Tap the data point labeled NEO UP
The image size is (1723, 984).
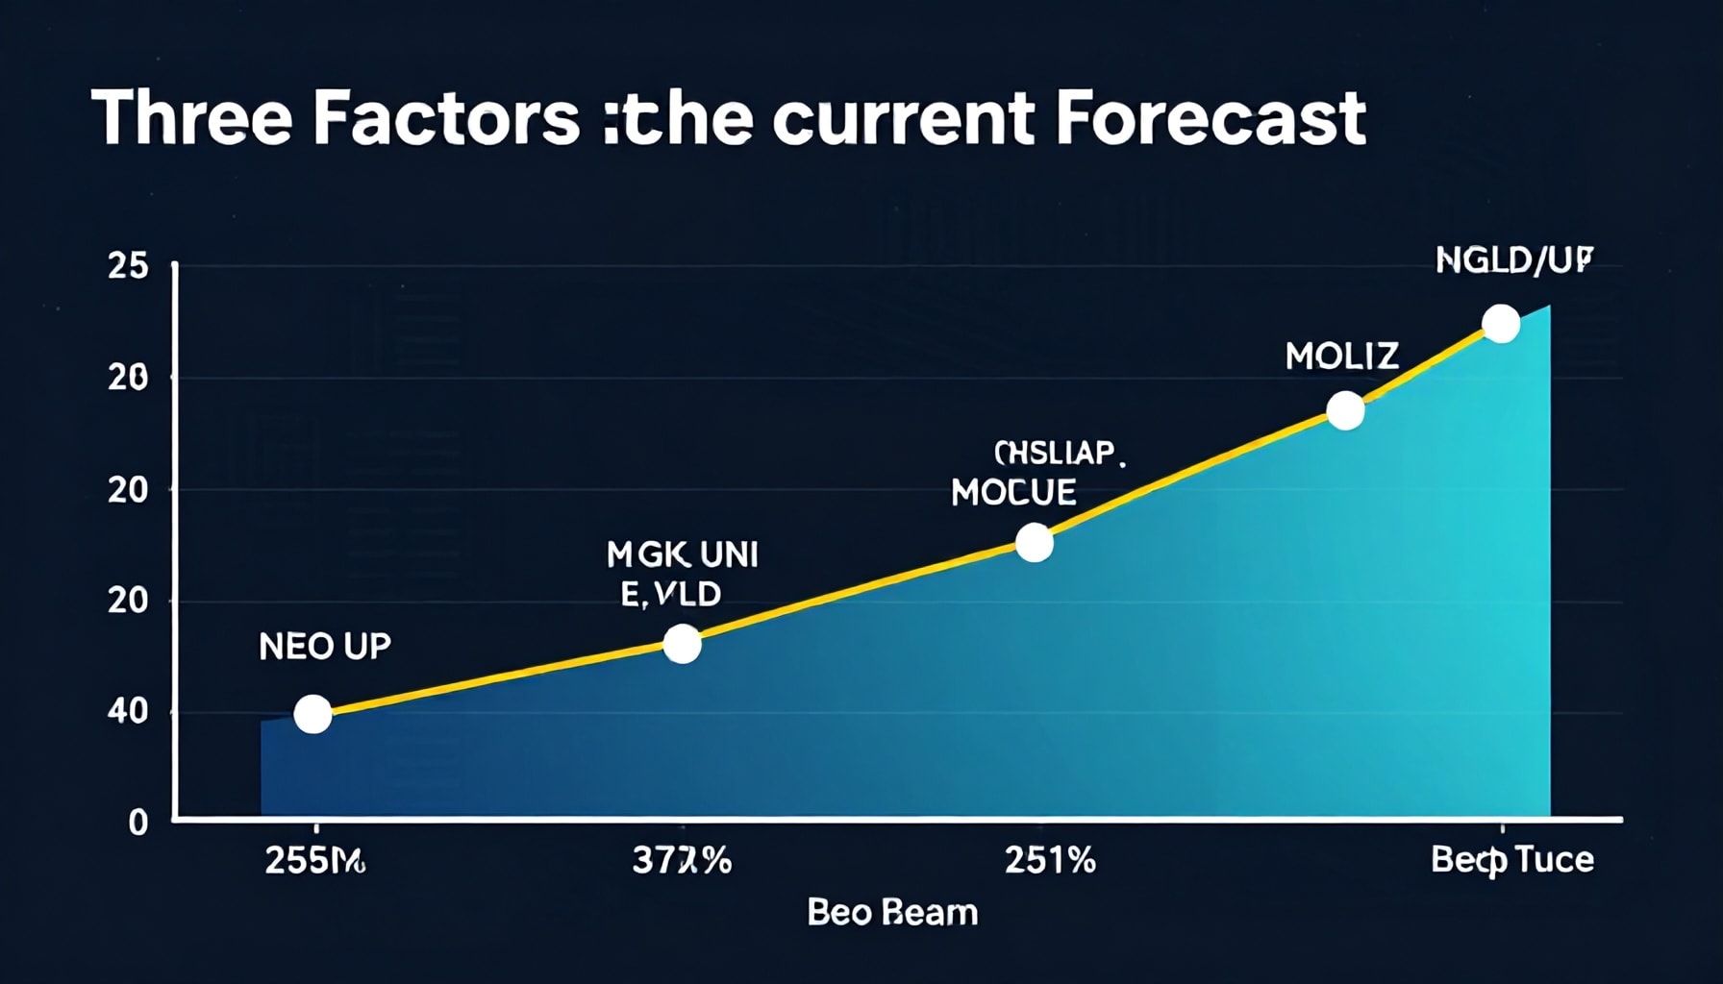pos(312,714)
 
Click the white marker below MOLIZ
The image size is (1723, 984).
pos(1345,410)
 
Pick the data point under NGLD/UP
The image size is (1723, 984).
pos(1501,324)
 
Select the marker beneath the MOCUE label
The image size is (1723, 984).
pos(1034,543)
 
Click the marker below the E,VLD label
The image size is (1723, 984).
pos(682,644)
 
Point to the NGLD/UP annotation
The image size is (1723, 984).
pos(1513,260)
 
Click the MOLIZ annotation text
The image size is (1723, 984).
pos(1341,357)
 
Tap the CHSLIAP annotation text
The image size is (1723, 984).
pos(1058,453)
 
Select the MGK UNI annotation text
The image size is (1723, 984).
pos(682,554)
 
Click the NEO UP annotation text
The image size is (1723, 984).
pos(325,647)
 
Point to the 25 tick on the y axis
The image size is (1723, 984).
pos(128,267)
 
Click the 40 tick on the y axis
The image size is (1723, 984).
pos(128,712)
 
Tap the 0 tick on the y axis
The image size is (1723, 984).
pos(138,823)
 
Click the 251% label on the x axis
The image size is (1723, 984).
pos(1049,860)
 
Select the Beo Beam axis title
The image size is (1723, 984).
pos(891,912)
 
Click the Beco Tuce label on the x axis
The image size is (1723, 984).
pos(1511,859)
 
